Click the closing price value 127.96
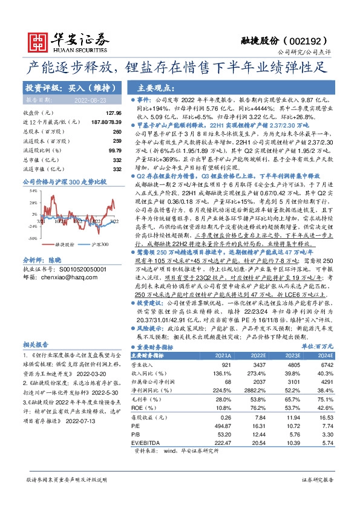tap(113, 113)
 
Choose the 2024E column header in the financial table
tap(324, 357)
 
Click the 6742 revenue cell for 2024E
tap(326, 366)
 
